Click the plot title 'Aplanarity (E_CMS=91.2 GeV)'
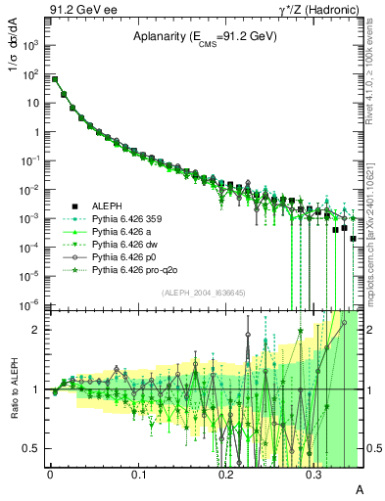[206, 37]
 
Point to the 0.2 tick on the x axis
[226, 474]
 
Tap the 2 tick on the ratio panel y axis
[39, 330]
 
